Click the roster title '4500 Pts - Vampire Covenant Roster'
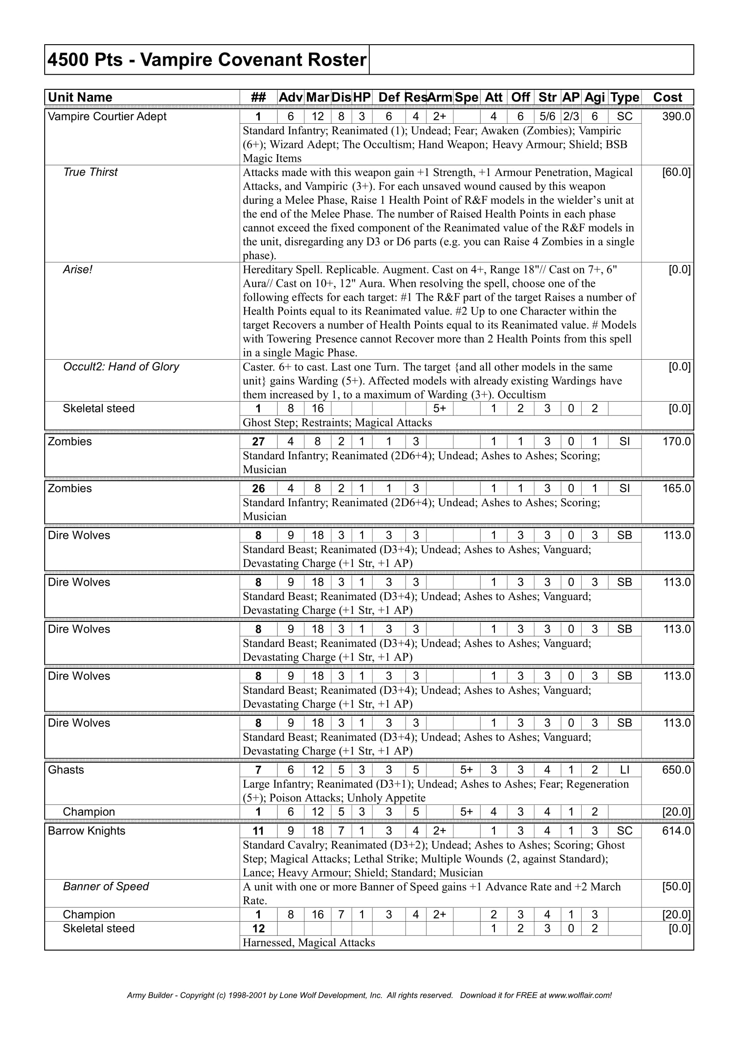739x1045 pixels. pyautogui.click(x=207, y=59)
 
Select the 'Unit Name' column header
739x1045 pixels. pyautogui.click(x=80, y=97)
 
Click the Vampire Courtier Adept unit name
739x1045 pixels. pyautogui.click(x=107, y=117)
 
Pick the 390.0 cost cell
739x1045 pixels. pyautogui.click(x=676, y=117)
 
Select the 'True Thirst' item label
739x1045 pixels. pyautogui.click(x=90, y=172)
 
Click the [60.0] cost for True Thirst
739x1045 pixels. pyautogui.click(x=676, y=172)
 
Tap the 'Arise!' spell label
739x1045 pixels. pyautogui.click(x=77, y=269)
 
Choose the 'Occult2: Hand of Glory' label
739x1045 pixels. pyautogui.click(x=121, y=367)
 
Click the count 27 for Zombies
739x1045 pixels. pyautogui.click(x=258, y=441)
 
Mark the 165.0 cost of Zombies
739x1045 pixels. pyautogui.click(x=676, y=488)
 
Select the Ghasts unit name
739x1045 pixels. pyautogui.click(x=66, y=770)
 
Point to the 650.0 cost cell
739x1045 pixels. pyautogui.click(x=676, y=770)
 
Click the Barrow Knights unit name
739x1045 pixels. pyautogui.click(x=87, y=831)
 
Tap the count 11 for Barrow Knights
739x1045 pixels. pyautogui.click(x=258, y=831)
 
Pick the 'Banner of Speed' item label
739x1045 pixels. pyautogui.click(x=106, y=886)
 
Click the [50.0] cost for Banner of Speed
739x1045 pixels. pyautogui.click(x=676, y=886)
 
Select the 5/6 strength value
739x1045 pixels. pyautogui.click(x=547, y=117)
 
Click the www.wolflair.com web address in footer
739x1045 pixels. pyautogui.click(x=579, y=995)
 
